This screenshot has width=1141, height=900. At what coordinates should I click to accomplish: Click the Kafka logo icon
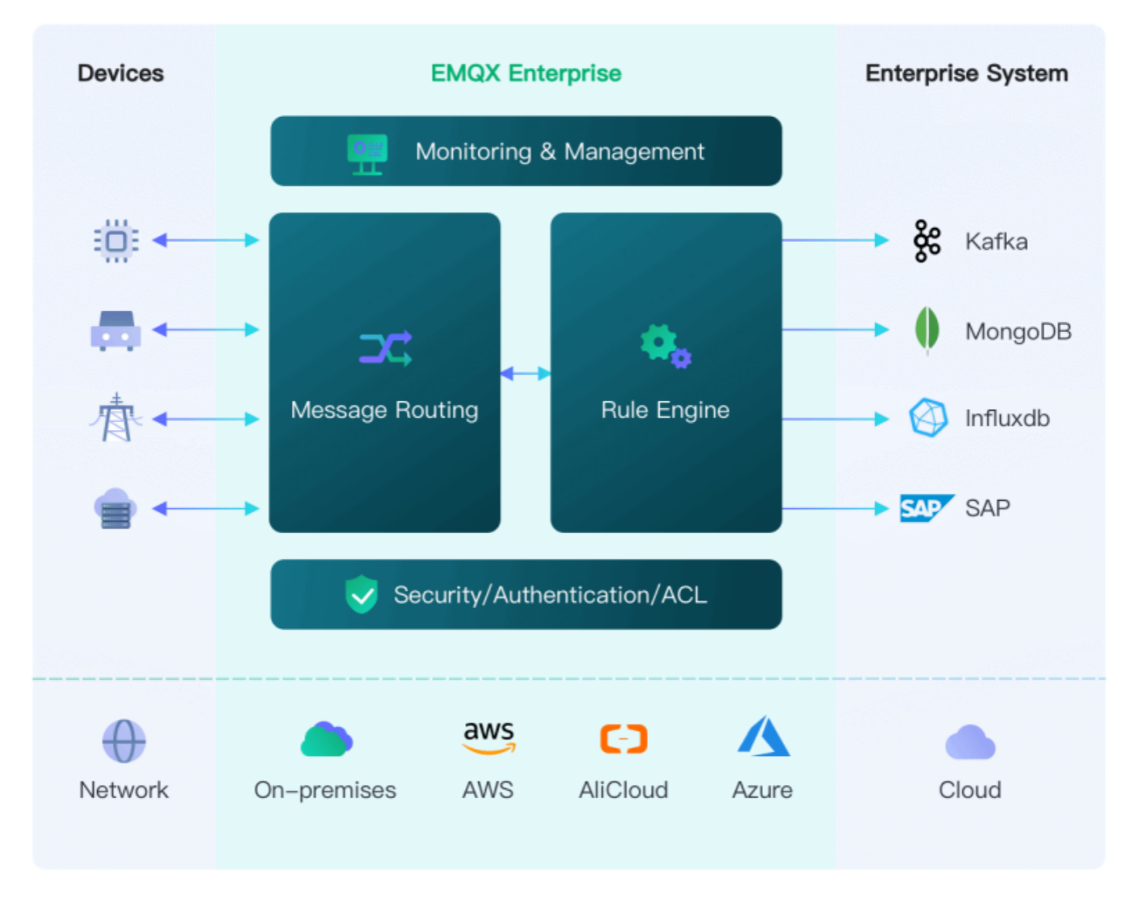point(927,241)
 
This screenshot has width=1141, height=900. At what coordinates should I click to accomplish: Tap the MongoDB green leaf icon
point(927,330)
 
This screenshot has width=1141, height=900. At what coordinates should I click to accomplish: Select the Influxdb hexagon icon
point(929,418)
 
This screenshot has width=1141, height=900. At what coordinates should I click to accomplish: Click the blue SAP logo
point(925,508)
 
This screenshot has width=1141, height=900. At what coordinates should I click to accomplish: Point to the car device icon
point(115,331)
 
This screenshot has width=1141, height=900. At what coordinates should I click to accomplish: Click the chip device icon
point(116,241)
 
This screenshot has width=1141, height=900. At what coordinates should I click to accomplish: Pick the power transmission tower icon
point(116,418)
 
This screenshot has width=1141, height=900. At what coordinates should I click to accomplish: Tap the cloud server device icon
point(115,509)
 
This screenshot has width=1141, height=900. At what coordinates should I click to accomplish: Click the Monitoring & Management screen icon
point(367,153)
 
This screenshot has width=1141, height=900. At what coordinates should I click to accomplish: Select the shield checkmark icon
point(361,595)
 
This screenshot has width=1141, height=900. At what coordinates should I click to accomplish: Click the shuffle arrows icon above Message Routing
point(386,348)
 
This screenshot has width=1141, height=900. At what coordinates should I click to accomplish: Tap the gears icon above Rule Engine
point(665,346)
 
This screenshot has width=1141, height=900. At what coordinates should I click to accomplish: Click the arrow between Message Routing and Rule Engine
point(526,374)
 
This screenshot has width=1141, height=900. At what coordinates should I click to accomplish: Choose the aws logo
point(489,737)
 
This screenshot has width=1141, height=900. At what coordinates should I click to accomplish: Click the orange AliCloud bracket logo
point(624,738)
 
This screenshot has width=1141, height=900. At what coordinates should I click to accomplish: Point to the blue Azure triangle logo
point(763,737)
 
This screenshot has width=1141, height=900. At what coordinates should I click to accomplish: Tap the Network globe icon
point(124,741)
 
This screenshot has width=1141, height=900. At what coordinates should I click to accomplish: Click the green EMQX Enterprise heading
point(526,73)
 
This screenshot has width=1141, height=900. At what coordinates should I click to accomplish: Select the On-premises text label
point(325,790)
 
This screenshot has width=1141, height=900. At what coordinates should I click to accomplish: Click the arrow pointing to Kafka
point(835,240)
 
